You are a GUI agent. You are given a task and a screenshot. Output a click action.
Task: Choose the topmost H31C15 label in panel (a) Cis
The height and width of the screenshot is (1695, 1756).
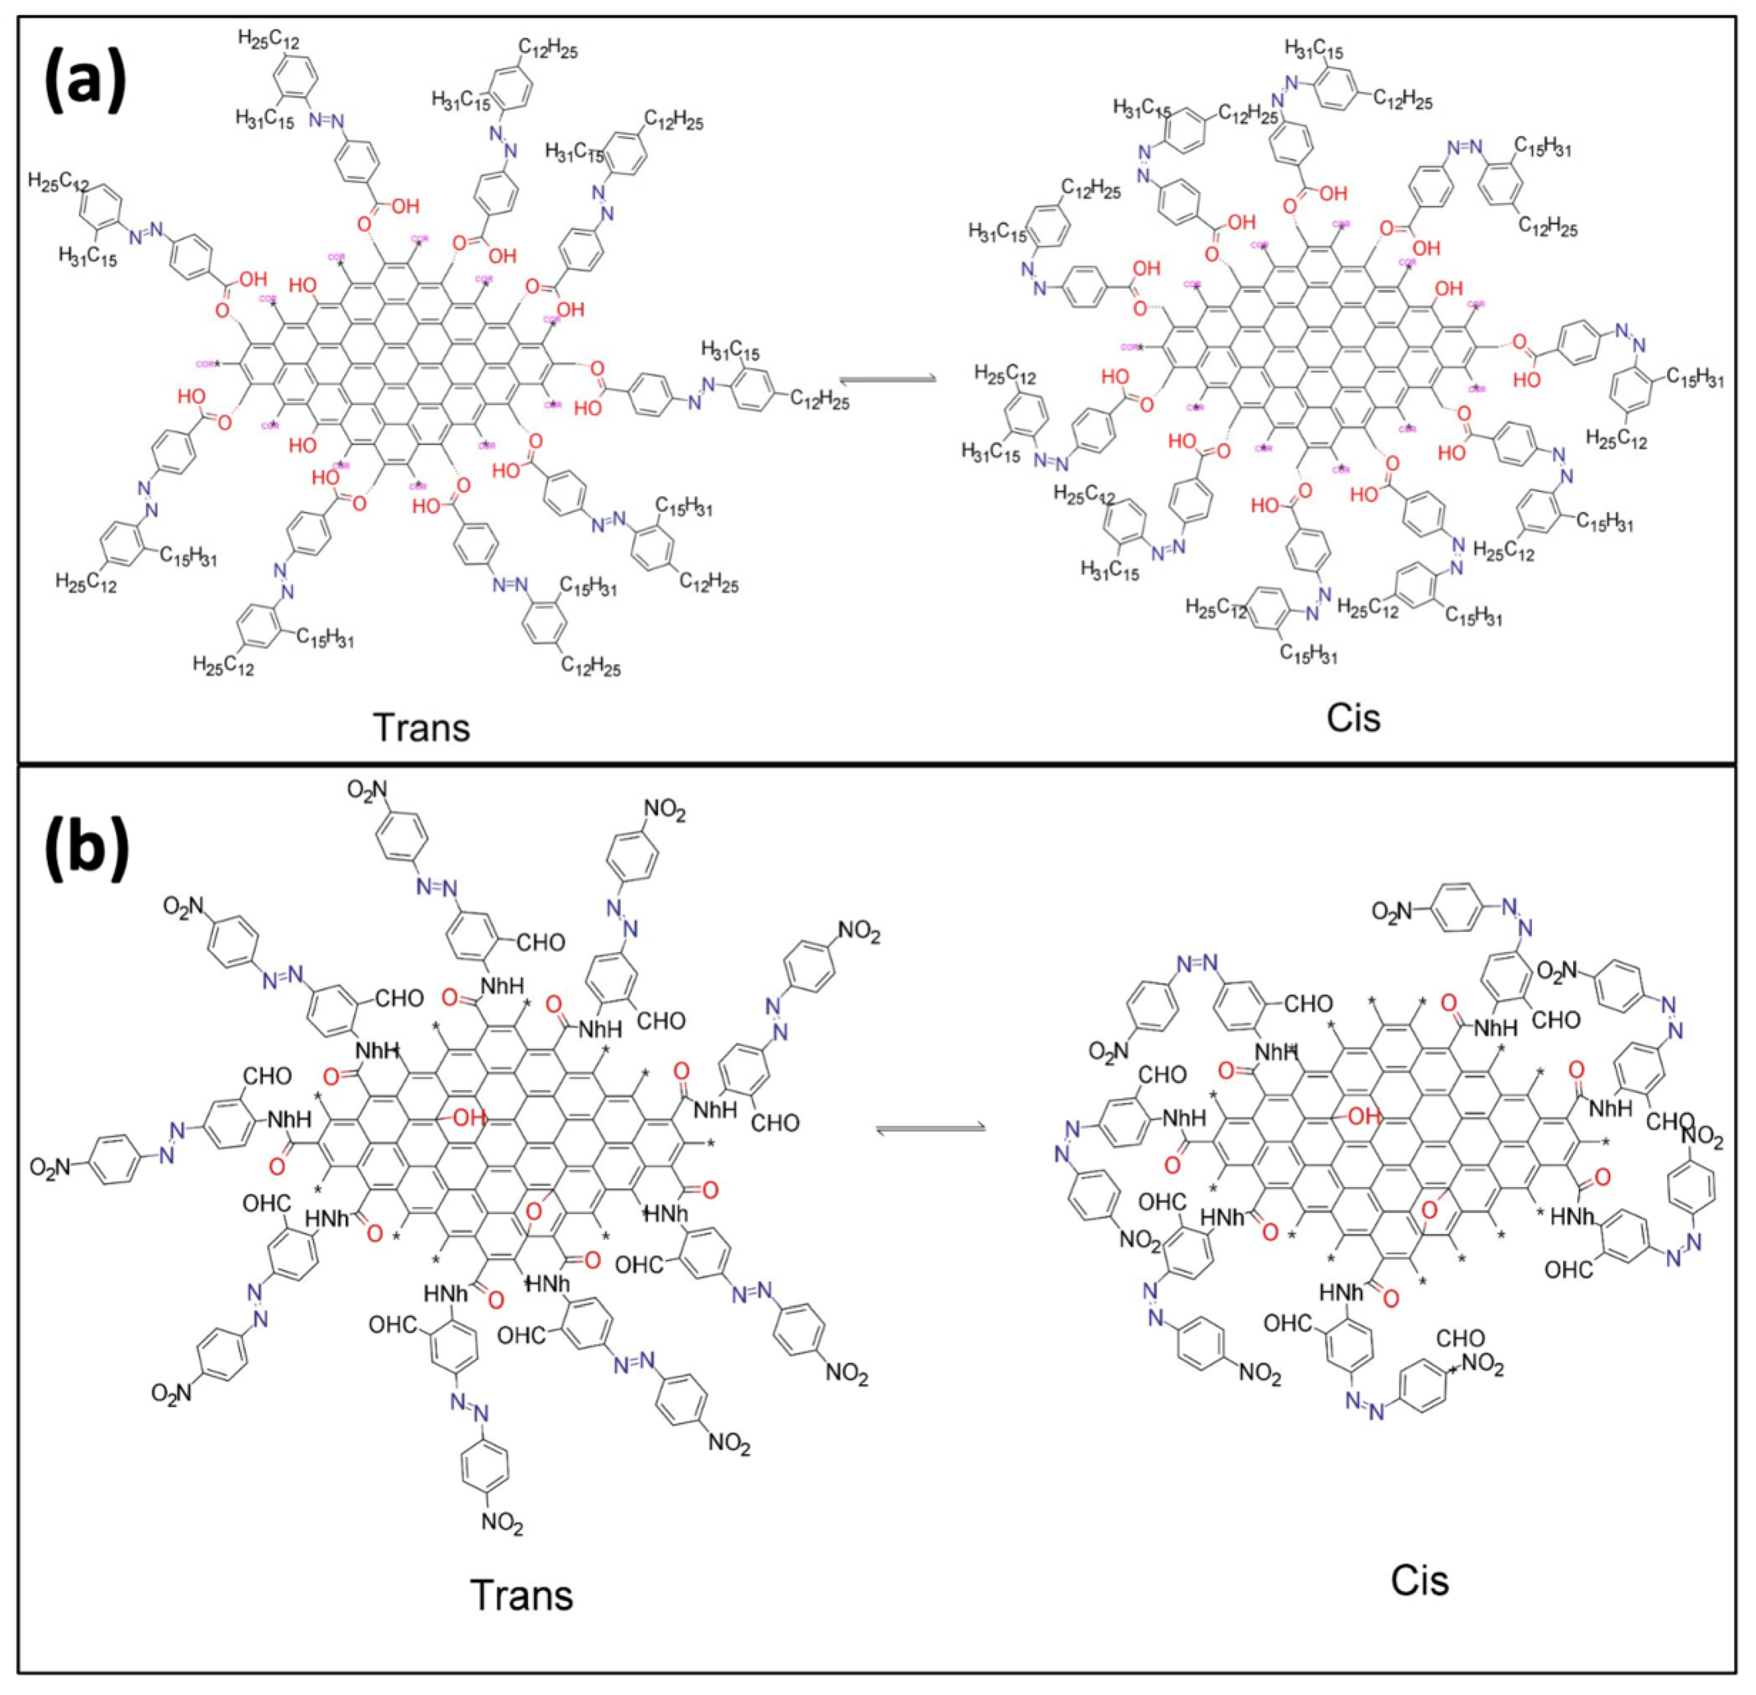point(1314,49)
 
